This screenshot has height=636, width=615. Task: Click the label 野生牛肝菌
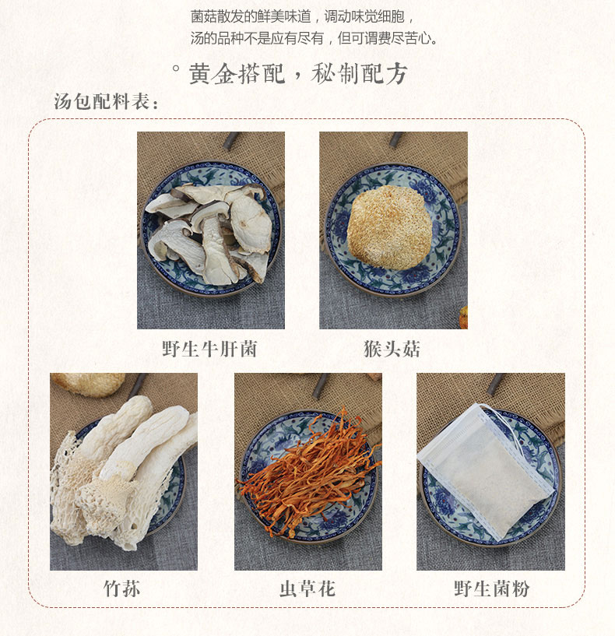[209, 349]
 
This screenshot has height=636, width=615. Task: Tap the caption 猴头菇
[392, 349]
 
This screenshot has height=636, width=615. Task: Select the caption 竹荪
[122, 589]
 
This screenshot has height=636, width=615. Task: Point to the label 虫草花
[307, 589]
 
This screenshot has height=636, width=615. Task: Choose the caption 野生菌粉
[492, 589]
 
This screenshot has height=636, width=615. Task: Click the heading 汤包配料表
[107, 101]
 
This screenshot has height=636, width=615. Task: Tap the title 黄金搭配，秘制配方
[298, 74]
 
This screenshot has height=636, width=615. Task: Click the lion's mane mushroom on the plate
[390, 227]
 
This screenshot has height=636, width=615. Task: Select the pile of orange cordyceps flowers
[311, 470]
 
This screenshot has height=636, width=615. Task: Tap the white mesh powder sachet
[486, 470]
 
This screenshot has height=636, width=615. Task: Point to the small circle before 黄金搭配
[176, 69]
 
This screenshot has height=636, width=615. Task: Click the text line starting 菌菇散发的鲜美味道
[303, 16]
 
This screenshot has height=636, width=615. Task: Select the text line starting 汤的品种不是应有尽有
[315, 38]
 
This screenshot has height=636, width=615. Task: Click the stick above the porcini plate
[232, 141]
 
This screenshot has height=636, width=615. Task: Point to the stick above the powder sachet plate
[496, 384]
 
